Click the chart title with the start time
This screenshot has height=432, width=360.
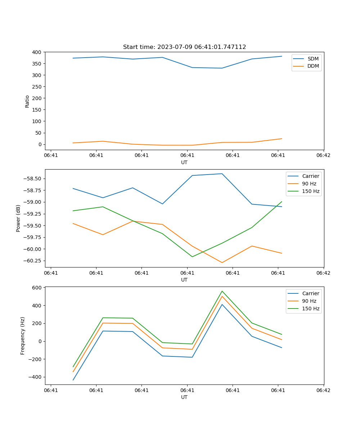point(184,47)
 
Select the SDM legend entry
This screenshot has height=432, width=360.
point(313,59)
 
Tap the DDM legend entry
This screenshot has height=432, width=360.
point(313,66)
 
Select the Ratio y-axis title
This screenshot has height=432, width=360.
point(27,101)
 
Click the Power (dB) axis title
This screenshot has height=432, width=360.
point(18,218)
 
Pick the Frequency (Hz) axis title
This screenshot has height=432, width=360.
point(23,336)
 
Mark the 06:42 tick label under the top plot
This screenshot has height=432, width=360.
point(323,155)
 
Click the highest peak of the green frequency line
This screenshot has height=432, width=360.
point(222,291)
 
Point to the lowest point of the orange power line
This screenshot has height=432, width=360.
point(222,262)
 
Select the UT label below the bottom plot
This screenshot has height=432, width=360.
point(184,397)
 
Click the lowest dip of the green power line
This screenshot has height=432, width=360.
point(192,257)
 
